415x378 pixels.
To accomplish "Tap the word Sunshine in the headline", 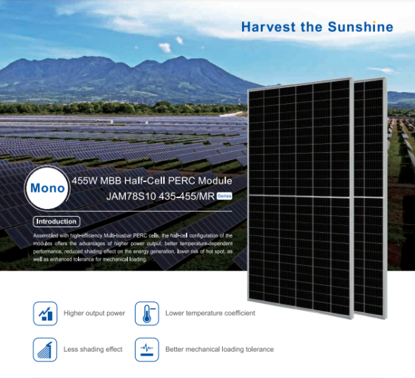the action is click(360, 27).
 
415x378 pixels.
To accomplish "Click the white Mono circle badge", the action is click(47, 188).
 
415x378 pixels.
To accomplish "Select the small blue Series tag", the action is click(224, 196).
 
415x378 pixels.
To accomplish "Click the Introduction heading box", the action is click(57, 222).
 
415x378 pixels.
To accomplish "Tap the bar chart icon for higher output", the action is click(45, 314).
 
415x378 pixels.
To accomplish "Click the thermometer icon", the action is click(147, 314).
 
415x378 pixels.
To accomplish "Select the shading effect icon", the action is click(45, 350).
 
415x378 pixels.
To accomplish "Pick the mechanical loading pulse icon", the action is click(147, 350).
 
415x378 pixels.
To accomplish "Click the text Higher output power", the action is click(94, 314).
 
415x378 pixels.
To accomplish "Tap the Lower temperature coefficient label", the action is click(210, 313).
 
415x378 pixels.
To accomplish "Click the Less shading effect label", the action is click(93, 350).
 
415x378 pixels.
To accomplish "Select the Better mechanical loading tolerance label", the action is click(219, 350).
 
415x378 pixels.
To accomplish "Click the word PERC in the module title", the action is click(182, 181).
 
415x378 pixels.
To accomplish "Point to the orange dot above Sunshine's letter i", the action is click(374, 22).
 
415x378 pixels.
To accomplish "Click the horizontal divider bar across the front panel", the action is click(300, 197).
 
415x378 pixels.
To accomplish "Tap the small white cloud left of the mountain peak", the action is click(165, 47).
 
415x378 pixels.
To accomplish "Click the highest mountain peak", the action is click(181, 57).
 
